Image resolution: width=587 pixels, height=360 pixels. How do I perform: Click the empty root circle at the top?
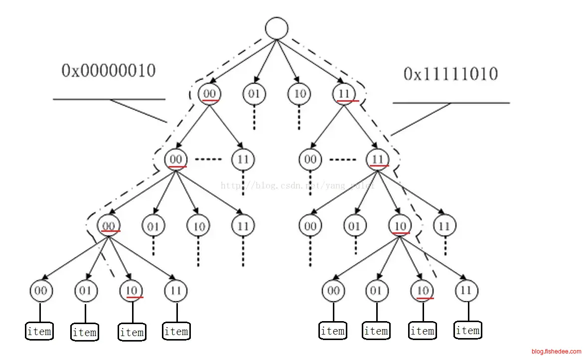277,28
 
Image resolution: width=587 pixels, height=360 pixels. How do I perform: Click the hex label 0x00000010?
108,71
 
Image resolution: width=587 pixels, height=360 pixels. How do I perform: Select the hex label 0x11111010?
450,74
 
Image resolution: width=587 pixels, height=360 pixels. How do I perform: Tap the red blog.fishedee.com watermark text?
556,351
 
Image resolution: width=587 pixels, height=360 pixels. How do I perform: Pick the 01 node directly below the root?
255,94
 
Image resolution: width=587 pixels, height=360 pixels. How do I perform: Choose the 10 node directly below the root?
299,94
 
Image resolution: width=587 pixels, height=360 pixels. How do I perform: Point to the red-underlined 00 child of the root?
210,94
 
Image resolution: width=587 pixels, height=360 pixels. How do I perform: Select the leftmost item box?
40,331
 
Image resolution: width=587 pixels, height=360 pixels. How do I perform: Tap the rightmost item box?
467,330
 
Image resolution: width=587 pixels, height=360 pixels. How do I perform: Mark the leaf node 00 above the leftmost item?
41,290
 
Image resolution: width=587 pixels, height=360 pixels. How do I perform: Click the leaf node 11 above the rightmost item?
466,290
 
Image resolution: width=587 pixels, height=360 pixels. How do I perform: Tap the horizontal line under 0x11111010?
451,103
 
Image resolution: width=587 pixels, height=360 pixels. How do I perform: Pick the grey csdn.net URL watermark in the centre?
297,185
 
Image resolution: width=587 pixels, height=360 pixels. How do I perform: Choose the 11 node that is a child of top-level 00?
243,160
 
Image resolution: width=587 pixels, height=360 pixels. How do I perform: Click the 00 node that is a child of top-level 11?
310,160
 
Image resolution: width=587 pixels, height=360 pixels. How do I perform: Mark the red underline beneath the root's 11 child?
348,101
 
